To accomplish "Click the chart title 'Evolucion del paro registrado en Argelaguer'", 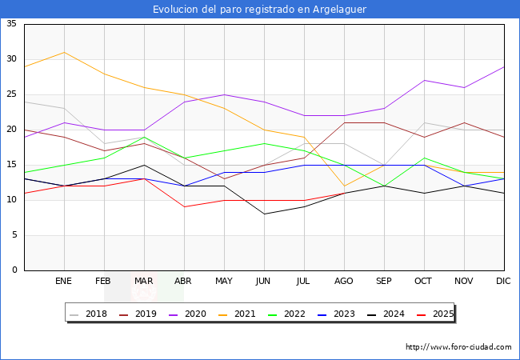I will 260,10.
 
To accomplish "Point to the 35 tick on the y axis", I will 12,24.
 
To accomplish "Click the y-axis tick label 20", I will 12,130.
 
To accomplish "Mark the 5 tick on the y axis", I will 14,235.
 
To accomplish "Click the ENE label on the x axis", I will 64,282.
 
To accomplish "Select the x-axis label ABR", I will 184,282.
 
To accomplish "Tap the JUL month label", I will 304,282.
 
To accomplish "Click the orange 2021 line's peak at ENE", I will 64,52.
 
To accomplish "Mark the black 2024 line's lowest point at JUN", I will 264,214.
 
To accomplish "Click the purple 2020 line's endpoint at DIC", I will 504,66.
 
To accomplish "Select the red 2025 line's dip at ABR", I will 184,207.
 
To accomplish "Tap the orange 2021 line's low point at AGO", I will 344,186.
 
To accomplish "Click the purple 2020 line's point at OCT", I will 424,80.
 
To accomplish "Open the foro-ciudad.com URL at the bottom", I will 458,347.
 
